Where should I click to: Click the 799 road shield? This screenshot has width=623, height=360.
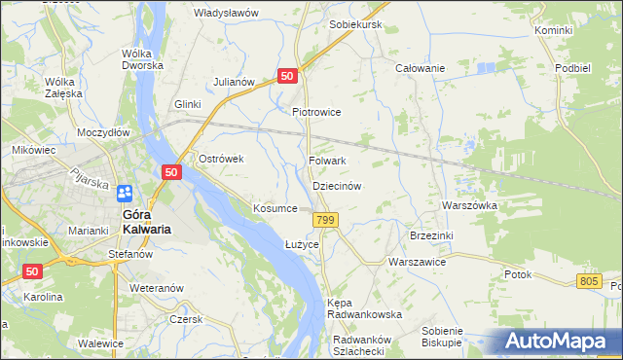[x=325, y=223]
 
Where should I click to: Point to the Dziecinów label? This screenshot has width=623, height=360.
[x=337, y=185]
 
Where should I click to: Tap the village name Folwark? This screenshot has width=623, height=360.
[x=328, y=161]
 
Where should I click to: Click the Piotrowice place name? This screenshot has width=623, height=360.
[x=316, y=112]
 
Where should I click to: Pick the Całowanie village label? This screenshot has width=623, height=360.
[x=420, y=68]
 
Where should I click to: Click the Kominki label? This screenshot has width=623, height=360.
[x=553, y=31]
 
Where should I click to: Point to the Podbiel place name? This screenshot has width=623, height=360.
[x=572, y=68]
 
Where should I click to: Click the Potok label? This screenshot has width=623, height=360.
[x=518, y=274]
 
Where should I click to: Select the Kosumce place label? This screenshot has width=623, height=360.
[x=275, y=209]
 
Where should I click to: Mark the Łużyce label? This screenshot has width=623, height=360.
[x=302, y=244]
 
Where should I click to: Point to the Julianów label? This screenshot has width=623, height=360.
[x=234, y=82]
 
